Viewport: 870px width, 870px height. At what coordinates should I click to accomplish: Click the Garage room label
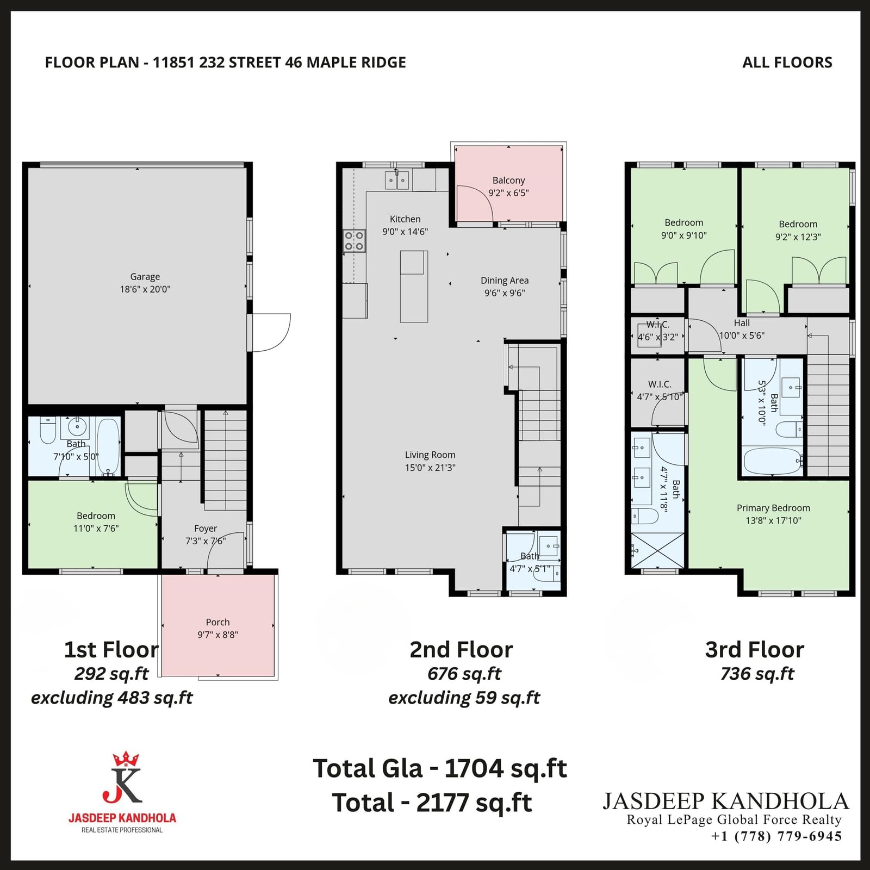click(145, 277)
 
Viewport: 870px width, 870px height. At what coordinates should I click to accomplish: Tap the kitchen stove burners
click(354, 241)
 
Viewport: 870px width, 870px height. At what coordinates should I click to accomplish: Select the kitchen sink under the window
click(397, 180)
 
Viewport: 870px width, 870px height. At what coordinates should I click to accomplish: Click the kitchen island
click(414, 287)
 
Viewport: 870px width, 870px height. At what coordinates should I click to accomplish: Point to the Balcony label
click(509, 181)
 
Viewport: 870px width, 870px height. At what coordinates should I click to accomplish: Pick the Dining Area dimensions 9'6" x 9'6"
click(505, 293)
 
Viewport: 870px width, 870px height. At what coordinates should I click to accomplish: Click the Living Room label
click(430, 455)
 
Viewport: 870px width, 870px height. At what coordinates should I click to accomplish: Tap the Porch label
click(217, 622)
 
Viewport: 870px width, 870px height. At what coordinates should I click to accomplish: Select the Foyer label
click(206, 529)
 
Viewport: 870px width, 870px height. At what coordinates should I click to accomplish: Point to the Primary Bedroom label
click(773, 508)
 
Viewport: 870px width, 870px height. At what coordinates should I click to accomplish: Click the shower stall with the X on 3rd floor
click(658, 551)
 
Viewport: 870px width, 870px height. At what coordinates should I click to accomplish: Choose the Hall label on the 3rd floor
click(742, 323)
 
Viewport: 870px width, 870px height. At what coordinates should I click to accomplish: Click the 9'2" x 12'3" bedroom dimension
click(798, 237)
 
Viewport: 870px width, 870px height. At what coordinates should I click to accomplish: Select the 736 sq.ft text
click(757, 674)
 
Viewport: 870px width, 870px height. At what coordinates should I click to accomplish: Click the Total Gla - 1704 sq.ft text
click(440, 769)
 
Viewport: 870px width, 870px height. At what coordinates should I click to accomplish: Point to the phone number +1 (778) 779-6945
click(776, 836)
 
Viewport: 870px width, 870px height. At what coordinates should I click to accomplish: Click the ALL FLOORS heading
click(787, 63)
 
